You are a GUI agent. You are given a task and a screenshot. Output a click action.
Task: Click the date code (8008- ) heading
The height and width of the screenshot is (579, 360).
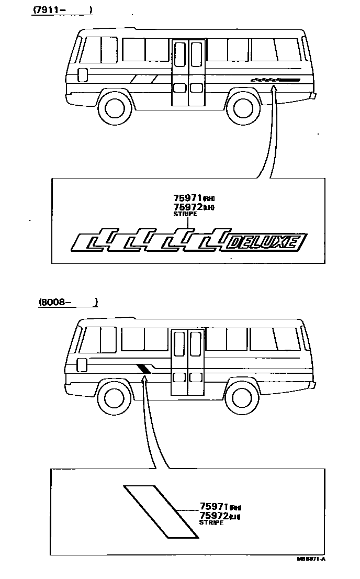point(68,302)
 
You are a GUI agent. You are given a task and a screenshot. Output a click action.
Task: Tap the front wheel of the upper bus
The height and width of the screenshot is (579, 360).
point(115,108)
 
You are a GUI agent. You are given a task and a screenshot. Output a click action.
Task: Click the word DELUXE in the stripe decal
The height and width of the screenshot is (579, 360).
point(266,242)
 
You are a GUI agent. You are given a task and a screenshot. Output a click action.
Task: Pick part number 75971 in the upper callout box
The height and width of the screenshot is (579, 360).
point(187,198)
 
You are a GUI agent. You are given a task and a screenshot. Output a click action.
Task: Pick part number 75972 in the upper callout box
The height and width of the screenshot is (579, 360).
point(187,207)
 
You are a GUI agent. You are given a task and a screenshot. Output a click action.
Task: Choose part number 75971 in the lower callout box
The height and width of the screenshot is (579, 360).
point(214,506)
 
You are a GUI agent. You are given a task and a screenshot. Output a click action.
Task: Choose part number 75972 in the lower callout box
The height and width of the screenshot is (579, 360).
point(214,516)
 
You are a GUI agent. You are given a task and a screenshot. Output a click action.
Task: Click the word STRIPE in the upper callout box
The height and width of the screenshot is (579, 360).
point(185,215)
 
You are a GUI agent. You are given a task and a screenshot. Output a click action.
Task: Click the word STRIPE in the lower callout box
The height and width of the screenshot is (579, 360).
point(211,523)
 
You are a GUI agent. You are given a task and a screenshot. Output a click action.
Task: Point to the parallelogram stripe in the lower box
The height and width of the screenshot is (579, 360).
point(161,511)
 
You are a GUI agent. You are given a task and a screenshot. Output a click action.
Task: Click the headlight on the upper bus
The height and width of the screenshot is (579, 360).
point(82,74)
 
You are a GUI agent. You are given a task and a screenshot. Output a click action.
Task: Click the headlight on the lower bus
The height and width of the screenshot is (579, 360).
point(81,364)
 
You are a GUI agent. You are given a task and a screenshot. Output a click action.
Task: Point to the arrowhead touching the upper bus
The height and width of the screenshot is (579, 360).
point(273,90)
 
